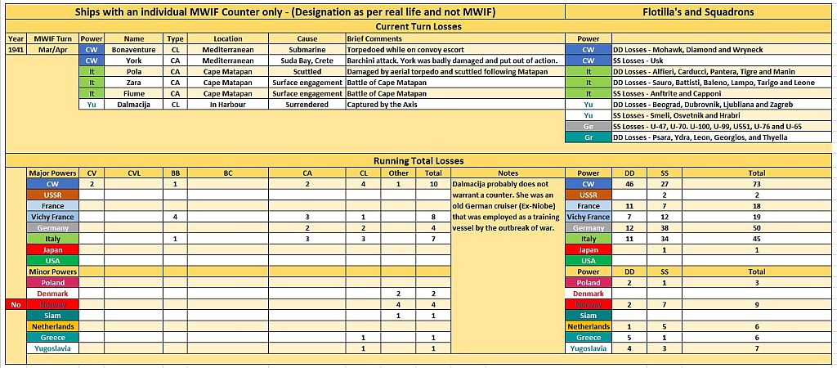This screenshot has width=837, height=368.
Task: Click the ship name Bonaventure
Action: point(134,49)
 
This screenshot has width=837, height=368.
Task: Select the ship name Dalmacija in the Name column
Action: point(134,105)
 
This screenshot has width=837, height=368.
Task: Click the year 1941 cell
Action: point(16,49)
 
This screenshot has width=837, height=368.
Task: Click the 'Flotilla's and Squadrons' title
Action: point(700,12)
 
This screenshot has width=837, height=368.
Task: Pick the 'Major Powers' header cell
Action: point(53,173)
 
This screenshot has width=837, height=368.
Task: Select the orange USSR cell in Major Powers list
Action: point(53,195)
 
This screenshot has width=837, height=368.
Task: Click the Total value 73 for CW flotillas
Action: point(757,184)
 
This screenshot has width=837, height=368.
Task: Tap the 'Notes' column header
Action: point(508,173)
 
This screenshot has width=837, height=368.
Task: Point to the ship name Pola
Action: point(134,71)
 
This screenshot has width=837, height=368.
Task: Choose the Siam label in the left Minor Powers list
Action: point(53,315)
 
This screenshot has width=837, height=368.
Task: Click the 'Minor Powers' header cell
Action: point(53,271)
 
